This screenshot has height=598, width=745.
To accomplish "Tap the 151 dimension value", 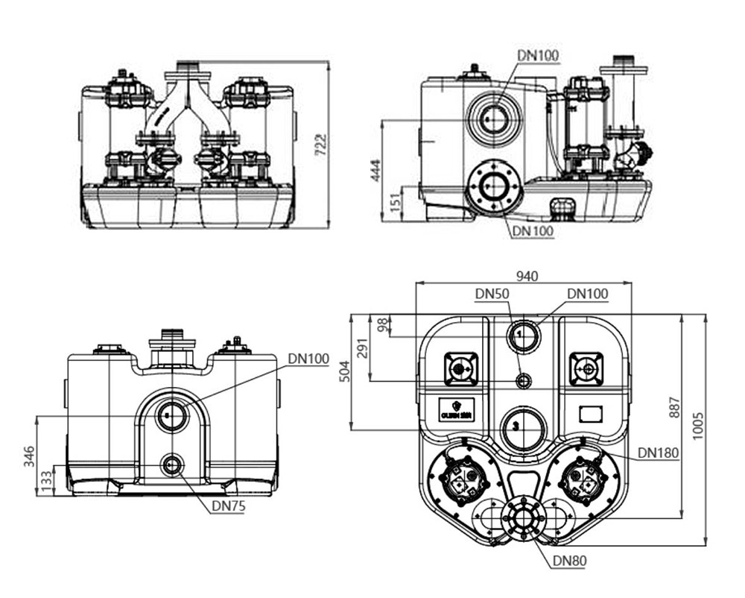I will coord(396,199).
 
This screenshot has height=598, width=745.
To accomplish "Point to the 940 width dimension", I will coord(527,276).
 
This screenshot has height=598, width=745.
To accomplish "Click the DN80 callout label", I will coord(568,561).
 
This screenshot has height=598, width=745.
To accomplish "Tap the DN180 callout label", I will coord(656,453).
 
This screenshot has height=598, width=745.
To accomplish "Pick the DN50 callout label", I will coord(492,295).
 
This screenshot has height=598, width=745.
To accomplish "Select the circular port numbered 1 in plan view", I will coord(522,336).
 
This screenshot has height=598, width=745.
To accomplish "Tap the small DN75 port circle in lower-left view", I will coord(172,465).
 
